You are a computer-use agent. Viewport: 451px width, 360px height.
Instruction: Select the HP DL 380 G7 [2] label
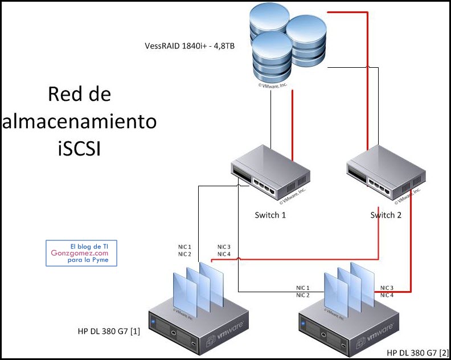pyautogui.click(x=418, y=353)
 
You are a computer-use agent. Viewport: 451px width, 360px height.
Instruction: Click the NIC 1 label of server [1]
pyautogui.click(x=184, y=247)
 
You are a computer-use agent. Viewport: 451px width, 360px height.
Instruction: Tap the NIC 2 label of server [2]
pyautogui.click(x=302, y=295)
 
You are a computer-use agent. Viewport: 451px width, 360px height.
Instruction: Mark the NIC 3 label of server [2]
pyautogui.click(x=387, y=288)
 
